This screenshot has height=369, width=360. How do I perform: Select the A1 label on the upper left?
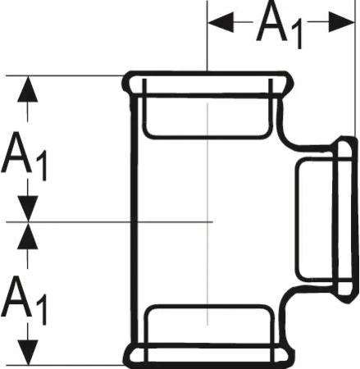coord(25,157)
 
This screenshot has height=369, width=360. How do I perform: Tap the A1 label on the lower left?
coord(25,300)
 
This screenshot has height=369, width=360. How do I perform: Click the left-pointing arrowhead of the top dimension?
coord(221,22)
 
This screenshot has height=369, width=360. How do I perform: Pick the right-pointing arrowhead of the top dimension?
coord(341,22)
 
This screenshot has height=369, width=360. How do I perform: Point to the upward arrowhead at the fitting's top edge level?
coord(27,89)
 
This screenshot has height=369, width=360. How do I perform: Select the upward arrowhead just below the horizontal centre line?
coord(27,236)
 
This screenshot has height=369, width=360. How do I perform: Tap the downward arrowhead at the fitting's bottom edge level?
coord(27,353)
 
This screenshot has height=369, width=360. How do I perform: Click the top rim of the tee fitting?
coord(207,73)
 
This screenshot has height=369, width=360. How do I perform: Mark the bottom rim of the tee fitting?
coord(207,367)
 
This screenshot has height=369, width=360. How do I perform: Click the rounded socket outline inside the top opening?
coord(207,135)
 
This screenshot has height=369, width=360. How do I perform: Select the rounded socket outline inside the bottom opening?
coord(207,307)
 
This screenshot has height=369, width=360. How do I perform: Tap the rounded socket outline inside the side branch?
coord(297,220)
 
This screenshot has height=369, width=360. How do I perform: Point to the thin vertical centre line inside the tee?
coord(207,214)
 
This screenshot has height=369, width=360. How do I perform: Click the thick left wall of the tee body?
coord(133,219)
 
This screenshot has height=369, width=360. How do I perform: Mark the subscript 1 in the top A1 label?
coord(297,36)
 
